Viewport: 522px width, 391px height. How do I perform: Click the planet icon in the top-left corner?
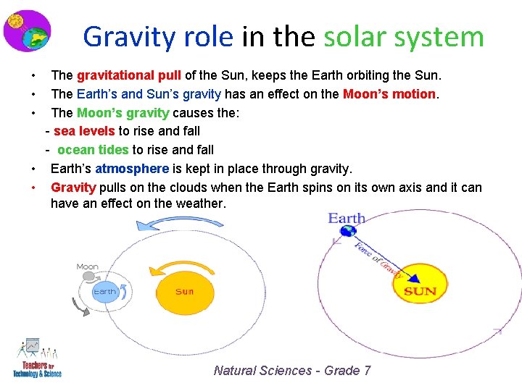pyautogui.click(x=27, y=31)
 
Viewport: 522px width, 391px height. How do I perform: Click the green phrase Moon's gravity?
pyautogui.click(x=123, y=112)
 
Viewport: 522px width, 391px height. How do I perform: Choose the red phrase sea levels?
pyautogui.click(x=84, y=131)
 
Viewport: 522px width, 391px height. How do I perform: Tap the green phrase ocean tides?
pyautogui.click(x=93, y=150)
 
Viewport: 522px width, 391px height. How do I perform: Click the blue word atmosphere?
pyautogui.click(x=132, y=169)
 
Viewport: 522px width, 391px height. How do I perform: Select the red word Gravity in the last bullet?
pyautogui.click(x=73, y=188)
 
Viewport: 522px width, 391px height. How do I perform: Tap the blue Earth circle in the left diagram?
pyautogui.click(x=104, y=292)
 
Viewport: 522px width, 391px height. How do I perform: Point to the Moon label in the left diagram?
pyautogui.click(x=87, y=267)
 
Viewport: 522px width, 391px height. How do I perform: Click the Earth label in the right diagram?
pyautogui.click(x=347, y=218)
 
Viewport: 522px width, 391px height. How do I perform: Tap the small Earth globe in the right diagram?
pyautogui.click(x=349, y=232)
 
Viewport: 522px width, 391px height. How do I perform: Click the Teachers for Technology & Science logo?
pyautogui.click(x=36, y=358)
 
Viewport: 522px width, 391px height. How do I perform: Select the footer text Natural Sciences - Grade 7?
pyautogui.click(x=292, y=371)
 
